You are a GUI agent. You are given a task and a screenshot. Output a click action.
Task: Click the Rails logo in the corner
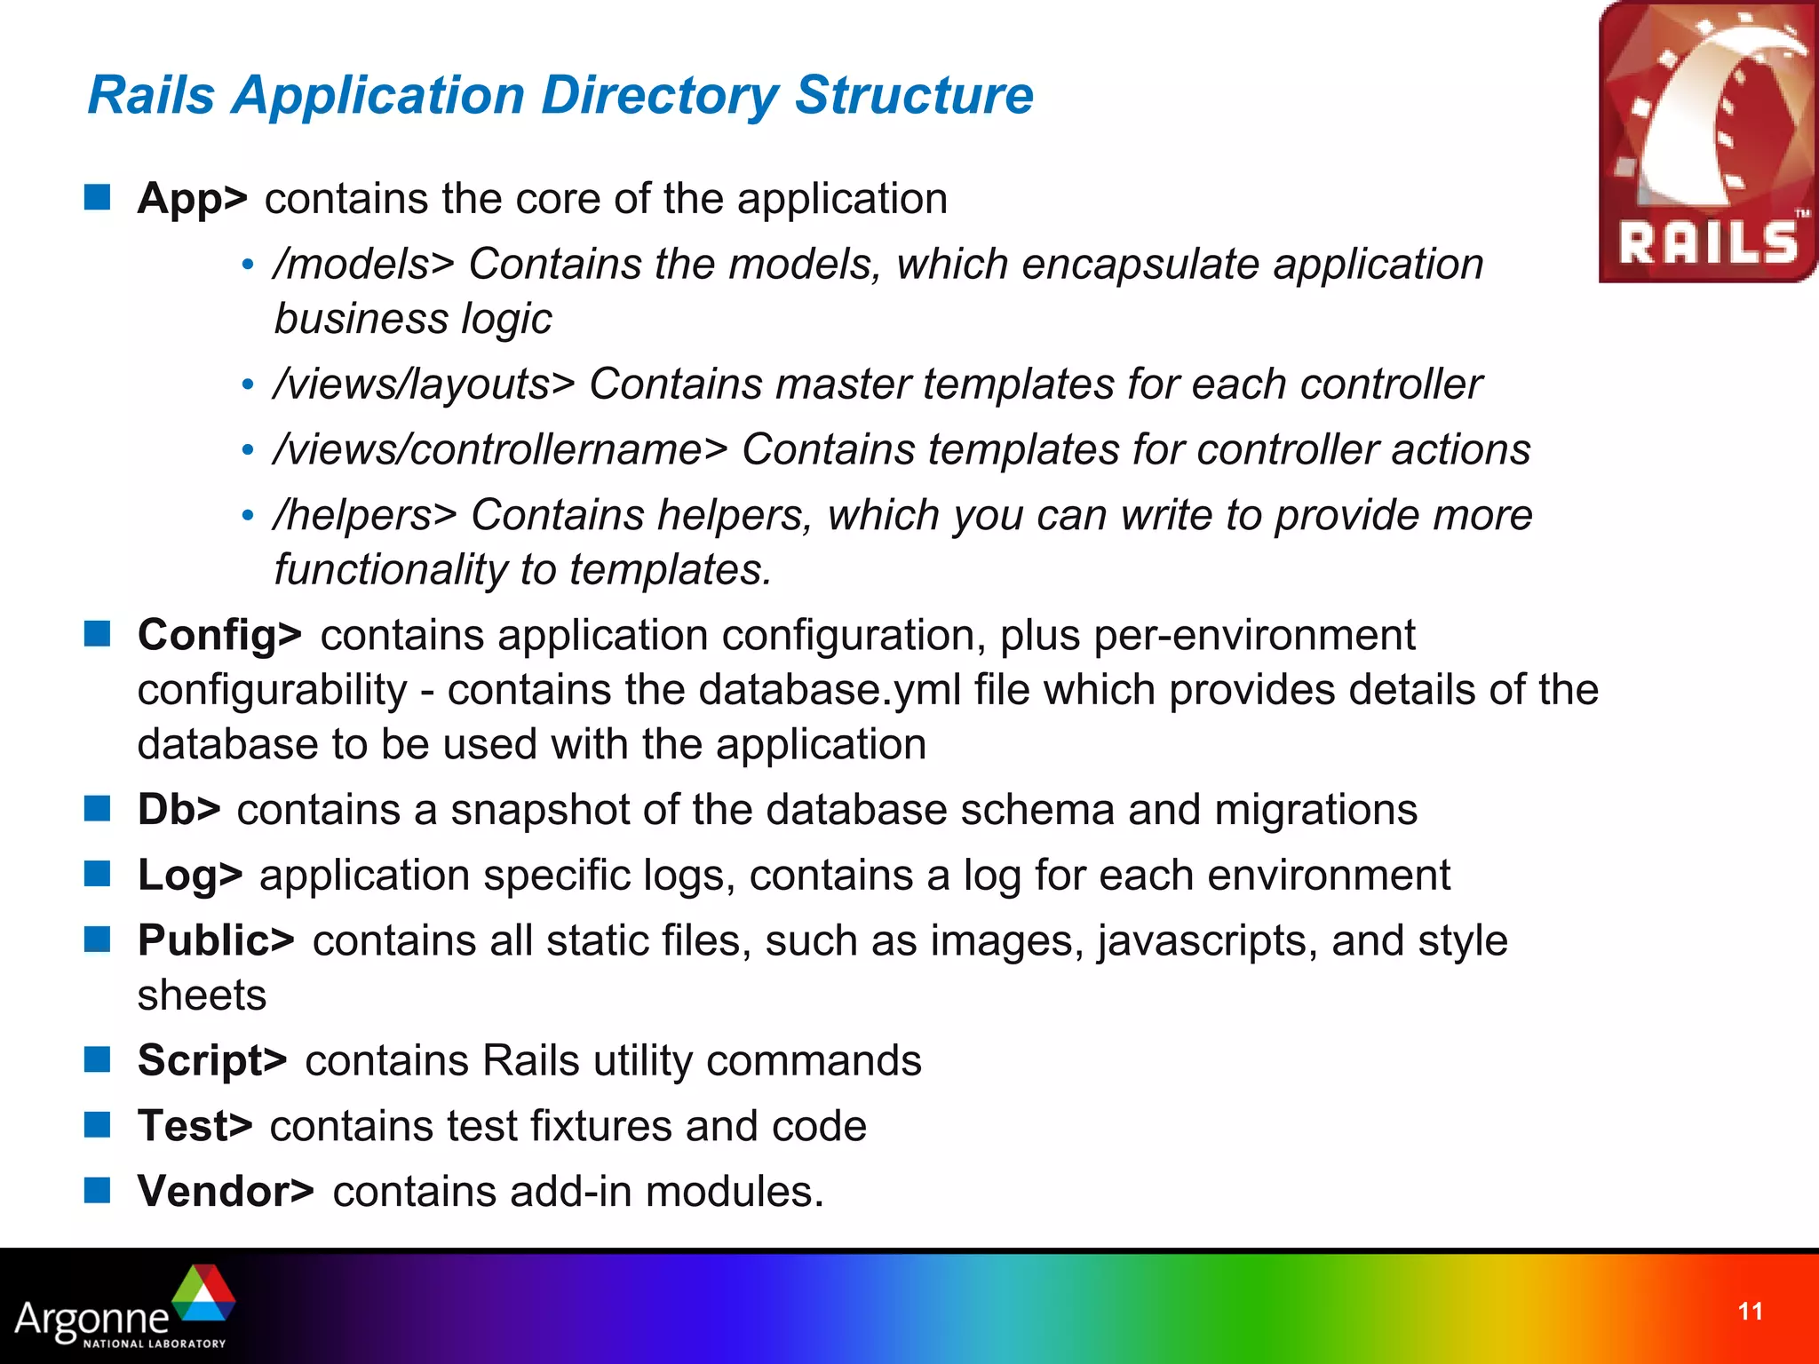pos(1707,142)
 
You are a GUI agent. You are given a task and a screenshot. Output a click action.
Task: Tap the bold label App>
pos(193,199)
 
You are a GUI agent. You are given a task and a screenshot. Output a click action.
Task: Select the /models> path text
pos(364,265)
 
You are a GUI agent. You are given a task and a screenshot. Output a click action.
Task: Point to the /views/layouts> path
pos(425,385)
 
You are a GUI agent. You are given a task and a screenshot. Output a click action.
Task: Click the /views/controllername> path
pos(501,449)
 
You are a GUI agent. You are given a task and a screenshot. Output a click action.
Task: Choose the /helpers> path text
pos(365,515)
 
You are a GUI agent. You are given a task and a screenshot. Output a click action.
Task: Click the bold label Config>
pos(219,636)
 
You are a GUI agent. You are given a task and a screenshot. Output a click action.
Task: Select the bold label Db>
pos(179,810)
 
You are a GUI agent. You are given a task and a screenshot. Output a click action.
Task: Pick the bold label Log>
pos(190,876)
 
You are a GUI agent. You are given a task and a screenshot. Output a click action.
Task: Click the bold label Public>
pos(216,940)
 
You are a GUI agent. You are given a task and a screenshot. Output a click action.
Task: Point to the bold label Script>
pos(212,1060)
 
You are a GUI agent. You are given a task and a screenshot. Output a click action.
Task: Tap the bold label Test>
pos(195,1126)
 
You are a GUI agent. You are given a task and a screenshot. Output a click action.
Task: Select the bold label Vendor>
pos(226,1192)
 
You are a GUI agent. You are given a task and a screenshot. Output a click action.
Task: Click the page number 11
pos(1750,1312)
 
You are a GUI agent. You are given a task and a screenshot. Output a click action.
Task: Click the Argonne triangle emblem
pos(204,1294)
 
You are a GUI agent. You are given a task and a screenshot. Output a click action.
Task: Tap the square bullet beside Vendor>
pos(97,1190)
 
